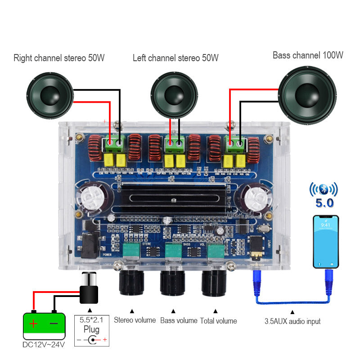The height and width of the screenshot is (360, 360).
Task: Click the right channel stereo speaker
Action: tap(49, 96)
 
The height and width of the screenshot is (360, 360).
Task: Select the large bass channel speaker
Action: tap(307, 95)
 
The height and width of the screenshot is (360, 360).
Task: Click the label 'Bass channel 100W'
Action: tap(308, 55)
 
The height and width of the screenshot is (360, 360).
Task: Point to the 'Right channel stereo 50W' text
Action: tap(59, 58)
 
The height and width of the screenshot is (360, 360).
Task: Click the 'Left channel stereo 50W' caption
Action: tap(175, 58)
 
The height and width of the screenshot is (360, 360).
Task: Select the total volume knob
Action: tap(214, 282)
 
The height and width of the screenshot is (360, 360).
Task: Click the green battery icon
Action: tap(44, 325)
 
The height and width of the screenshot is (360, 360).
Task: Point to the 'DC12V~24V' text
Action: tap(44, 345)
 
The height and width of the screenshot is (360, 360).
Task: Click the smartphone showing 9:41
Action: tap(326, 242)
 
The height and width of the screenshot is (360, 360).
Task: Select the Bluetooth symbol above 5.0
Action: tap(323, 189)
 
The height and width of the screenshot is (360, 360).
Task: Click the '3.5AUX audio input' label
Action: tap(292, 321)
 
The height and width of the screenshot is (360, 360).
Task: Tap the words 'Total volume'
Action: tap(219, 321)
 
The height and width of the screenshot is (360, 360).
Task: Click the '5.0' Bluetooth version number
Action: tap(324, 203)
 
